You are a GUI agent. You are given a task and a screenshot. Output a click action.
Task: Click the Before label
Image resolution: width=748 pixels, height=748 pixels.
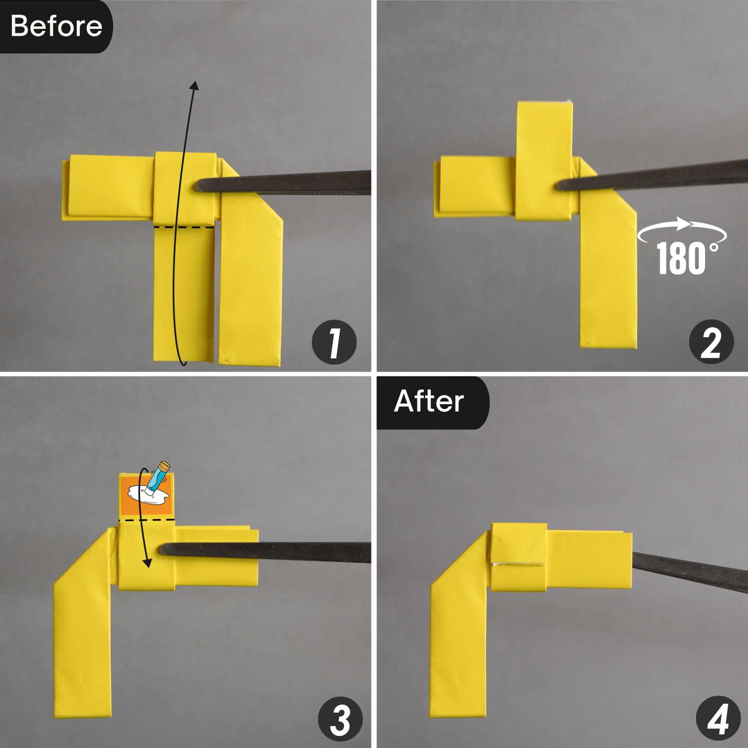coord(56,26)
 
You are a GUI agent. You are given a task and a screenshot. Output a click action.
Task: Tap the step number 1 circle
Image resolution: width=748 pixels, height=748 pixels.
coord(334,343)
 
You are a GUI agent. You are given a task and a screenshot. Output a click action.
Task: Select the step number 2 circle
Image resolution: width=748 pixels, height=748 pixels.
coord(711,343)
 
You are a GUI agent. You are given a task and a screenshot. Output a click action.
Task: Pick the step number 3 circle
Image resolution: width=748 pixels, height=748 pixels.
coord(341,720)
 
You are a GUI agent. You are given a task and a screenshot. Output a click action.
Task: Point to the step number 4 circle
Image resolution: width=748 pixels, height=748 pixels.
coord(718,720)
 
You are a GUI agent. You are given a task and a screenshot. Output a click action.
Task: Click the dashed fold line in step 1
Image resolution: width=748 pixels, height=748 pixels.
coord(184,227)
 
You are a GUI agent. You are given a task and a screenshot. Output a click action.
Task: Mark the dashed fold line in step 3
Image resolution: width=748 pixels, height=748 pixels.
coord(147,520)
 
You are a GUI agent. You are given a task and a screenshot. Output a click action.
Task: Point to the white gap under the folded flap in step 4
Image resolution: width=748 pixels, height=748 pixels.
coord(517,564)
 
